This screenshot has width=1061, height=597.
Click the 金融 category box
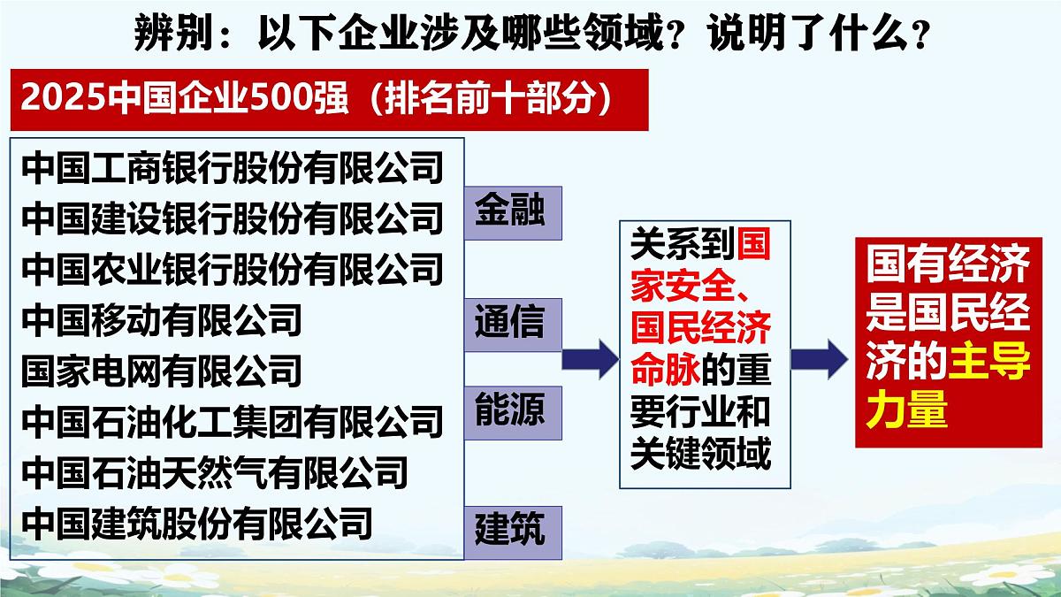[510, 213]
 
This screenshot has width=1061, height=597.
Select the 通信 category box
[510, 324]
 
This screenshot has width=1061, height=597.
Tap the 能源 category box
[510, 412]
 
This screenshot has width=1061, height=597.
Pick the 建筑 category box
[510, 532]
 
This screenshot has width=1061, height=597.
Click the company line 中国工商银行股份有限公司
[232, 168]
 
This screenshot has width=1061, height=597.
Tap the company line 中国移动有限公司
[162, 319]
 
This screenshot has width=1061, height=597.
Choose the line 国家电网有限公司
[162, 371]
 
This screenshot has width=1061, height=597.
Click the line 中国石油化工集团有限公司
[232, 421]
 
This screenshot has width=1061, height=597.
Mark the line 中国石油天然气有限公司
[215, 471]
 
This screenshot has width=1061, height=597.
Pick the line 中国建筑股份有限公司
[197, 522]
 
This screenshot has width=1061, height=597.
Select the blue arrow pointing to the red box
[818, 357]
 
